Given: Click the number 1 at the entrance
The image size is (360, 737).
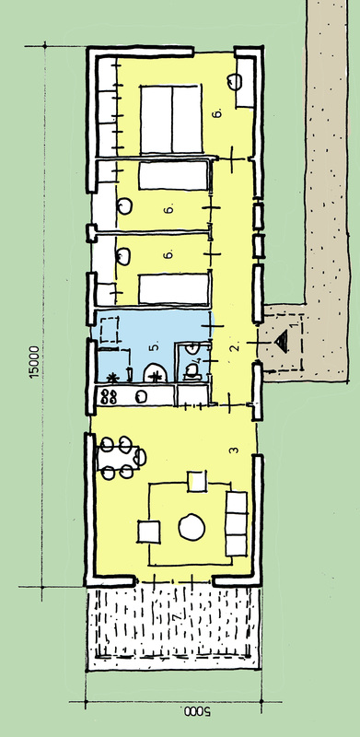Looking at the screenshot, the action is click(x=295, y=324).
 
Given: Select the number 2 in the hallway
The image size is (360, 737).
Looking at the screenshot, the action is click(x=235, y=347).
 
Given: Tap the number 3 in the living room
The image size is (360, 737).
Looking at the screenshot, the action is click(x=234, y=450).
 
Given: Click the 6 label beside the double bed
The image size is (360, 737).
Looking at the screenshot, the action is click(x=216, y=113).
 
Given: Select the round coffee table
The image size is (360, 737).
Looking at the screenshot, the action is click(x=192, y=527).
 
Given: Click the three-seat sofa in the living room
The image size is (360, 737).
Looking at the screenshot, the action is click(x=237, y=523).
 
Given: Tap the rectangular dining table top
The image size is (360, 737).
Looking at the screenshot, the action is click(x=118, y=457).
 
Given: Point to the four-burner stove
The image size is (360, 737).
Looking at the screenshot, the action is click(x=111, y=396).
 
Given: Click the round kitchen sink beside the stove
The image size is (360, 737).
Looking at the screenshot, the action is click(x=141, y=397).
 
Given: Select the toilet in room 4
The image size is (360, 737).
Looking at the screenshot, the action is click(x=192, y=372).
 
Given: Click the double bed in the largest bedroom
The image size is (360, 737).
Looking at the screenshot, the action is click(x=171, y=120).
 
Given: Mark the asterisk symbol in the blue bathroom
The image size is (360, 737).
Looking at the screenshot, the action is click(x=111, y=377).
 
